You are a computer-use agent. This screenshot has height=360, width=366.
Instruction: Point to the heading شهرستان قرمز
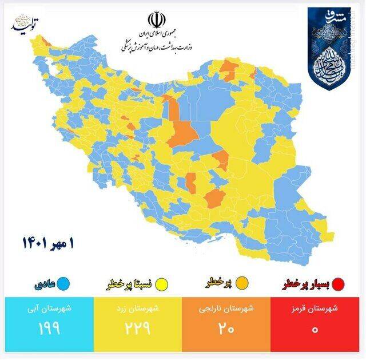tap(319, 310)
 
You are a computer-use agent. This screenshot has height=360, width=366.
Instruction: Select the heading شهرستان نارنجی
tap(227, 310)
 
